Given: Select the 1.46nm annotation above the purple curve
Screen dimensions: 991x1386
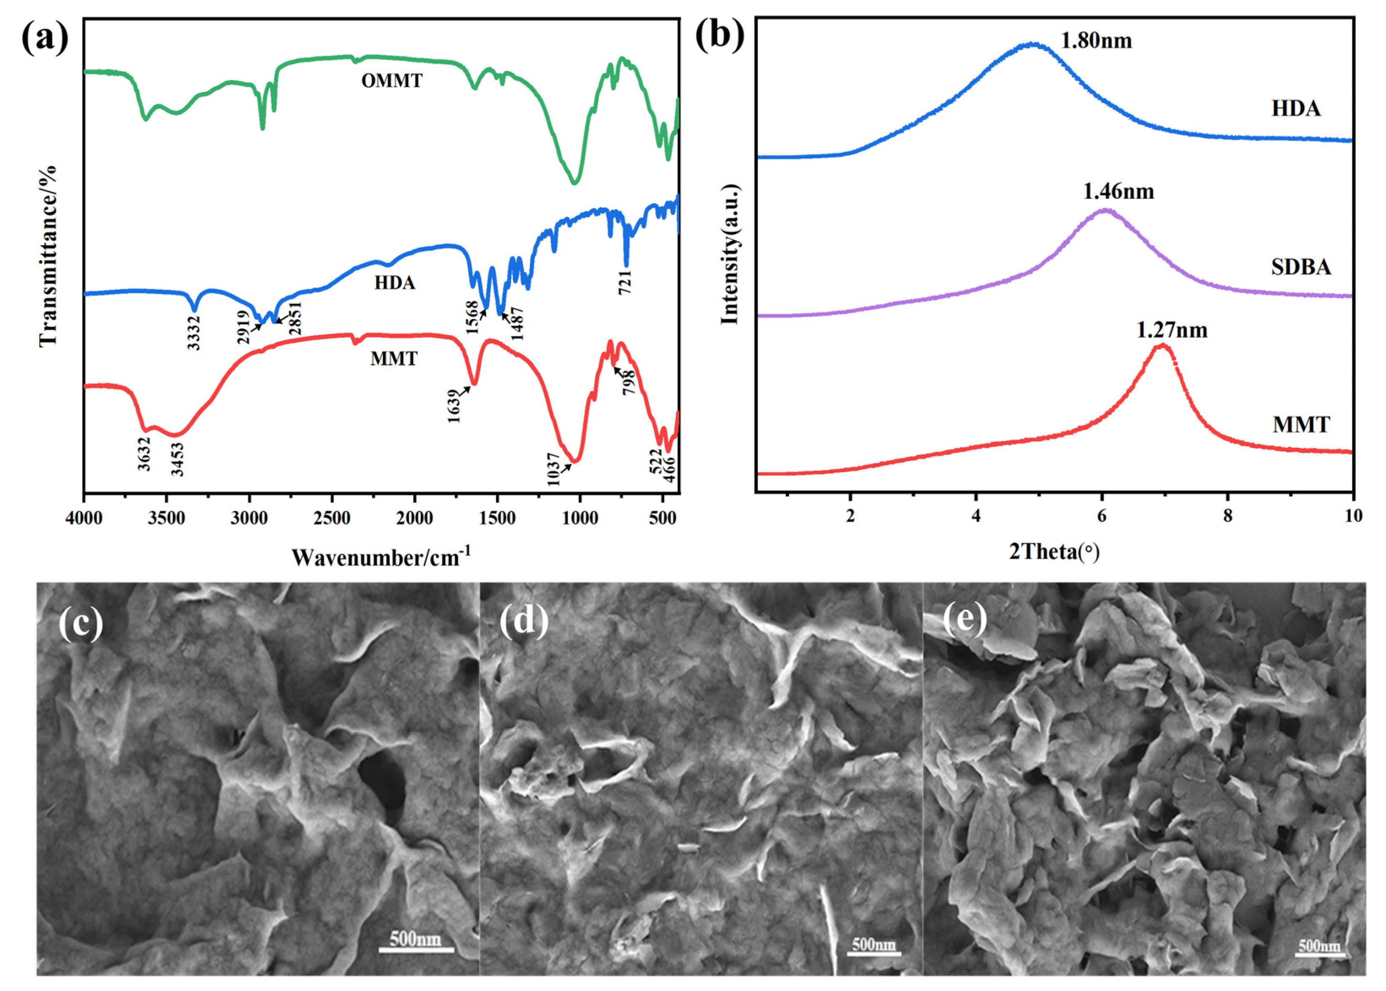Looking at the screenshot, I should pos(1118,191).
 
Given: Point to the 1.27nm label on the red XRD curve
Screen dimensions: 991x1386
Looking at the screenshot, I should pos(1171,330).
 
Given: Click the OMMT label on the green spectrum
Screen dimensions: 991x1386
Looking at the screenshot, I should pos(391,81).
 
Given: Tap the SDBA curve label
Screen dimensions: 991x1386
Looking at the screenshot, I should pos(1301,267).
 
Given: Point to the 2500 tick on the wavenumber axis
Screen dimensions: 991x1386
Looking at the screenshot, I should pos(332,519).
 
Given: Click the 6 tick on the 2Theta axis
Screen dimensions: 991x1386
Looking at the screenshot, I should pos(1101,516).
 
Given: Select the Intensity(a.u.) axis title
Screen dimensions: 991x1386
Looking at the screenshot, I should pos(730,254).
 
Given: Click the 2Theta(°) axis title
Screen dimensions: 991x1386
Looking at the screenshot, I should pos(1054,552).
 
